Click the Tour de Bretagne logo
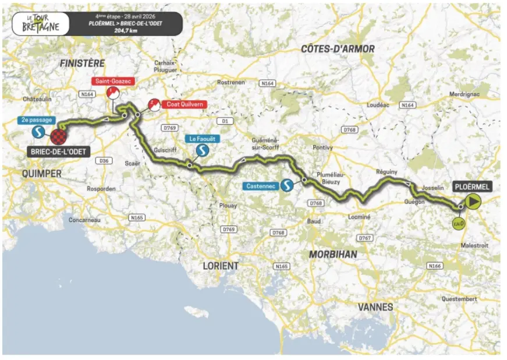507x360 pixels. pyautogui.click(x=36, y=24)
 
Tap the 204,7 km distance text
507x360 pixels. pyautogui.click(x=125, y=30)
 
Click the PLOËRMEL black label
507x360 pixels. pyautogui.click(x=471, y=187)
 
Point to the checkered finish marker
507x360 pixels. pyautogui.click(x=58, y=137)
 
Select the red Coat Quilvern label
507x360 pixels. pyautogui.click(x=182, y=105)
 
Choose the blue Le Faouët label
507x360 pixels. pyautogui.click(x=201, y=139)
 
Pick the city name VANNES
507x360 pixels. pyautogui.click(x=375, y=307)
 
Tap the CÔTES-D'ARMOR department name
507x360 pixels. pyautogui.click(x=338, y=49)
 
